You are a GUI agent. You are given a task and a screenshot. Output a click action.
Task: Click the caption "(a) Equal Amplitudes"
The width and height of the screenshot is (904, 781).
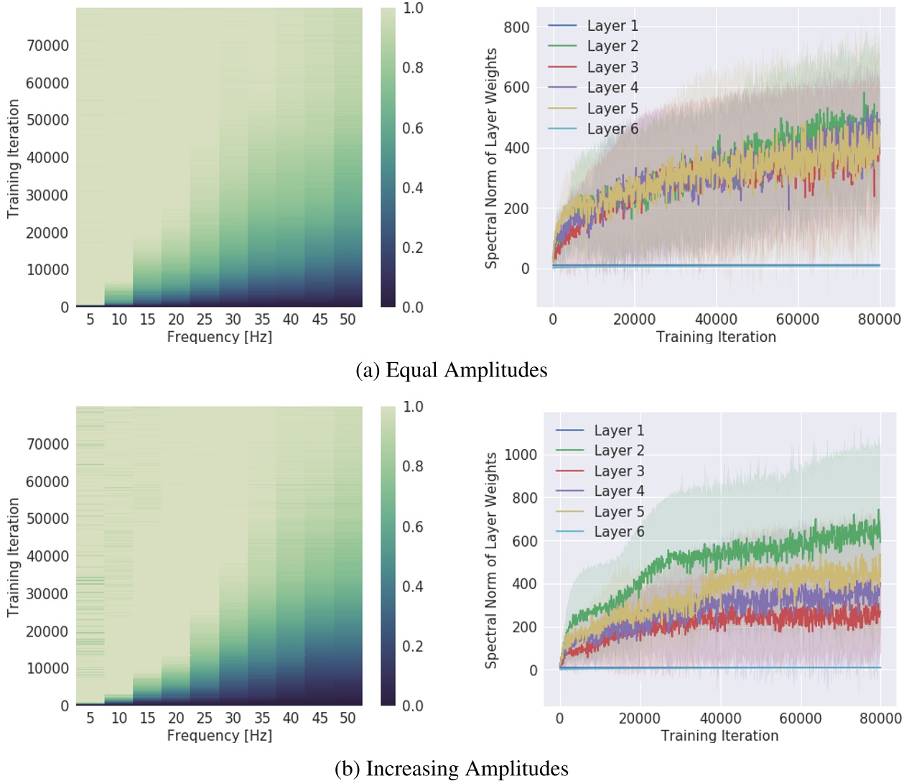coord(451,370)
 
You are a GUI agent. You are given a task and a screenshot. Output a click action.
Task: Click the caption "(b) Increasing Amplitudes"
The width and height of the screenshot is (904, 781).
coord(451,768)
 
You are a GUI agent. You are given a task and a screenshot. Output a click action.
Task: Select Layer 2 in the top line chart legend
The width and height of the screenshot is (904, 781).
coord(612,46)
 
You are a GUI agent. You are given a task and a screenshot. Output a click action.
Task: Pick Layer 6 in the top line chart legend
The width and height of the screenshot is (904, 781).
coord(612,129)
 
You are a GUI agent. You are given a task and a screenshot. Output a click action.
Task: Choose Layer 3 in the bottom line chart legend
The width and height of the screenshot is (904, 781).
coord(618,471)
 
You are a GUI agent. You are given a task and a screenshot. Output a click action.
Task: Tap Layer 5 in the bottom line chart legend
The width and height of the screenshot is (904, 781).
coord(618,512)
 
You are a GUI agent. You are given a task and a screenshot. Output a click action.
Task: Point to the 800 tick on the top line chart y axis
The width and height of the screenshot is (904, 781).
coord(516,27)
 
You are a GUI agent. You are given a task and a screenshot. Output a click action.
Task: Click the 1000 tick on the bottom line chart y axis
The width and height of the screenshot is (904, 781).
coord(520,455)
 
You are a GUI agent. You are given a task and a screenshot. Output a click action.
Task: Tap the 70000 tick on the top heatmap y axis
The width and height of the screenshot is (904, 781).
coord(47,46)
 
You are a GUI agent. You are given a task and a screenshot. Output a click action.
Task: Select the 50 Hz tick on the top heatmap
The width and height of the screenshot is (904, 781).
coord(348,320)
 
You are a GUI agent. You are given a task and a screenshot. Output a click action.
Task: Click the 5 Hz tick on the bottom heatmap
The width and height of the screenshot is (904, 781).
coord(90,718)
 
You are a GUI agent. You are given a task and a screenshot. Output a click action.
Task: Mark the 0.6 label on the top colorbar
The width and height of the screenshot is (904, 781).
coord(412,128)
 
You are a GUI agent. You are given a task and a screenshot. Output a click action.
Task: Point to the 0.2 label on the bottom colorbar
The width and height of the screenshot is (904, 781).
coord(412,647)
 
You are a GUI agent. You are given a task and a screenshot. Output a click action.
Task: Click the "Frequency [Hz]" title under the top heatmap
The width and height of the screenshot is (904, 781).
coord(219,337)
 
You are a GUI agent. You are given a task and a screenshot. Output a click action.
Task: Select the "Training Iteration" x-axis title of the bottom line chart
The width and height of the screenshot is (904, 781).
coord(719,736)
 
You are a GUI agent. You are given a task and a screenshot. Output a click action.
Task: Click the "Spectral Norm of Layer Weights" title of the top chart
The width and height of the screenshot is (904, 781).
coord(491,158)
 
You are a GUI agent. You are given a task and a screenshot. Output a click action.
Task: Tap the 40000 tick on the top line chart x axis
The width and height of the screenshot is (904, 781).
coord(715,320)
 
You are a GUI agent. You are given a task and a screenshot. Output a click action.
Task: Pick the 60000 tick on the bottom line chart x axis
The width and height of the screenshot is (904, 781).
coord(800,718)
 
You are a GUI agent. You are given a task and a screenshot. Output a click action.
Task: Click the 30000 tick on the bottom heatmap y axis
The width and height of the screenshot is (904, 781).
coord(47,594)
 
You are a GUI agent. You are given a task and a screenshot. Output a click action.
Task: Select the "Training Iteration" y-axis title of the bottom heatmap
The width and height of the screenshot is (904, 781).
coord(13,557)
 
